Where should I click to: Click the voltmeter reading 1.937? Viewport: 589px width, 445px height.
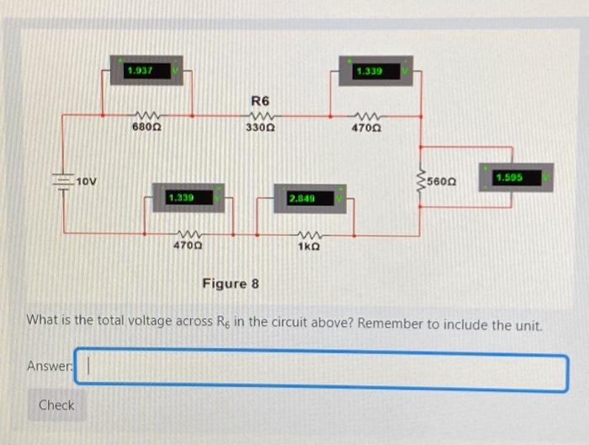(146, 71)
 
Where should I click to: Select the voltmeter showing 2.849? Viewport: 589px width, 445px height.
(308, 198)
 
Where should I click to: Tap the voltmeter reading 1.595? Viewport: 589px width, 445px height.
(516, 178)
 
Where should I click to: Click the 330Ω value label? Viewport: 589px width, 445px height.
(261, 128)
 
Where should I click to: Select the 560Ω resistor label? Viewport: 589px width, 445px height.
(441, 181)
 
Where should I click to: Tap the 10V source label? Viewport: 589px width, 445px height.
(87, 182)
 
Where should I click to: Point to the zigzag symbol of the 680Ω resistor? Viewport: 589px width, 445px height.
(147, 116)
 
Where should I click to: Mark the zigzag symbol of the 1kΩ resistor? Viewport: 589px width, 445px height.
(308, 234)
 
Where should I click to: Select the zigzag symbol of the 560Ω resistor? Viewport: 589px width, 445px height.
(421, 181)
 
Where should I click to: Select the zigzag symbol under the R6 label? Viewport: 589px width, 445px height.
(261, 116)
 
